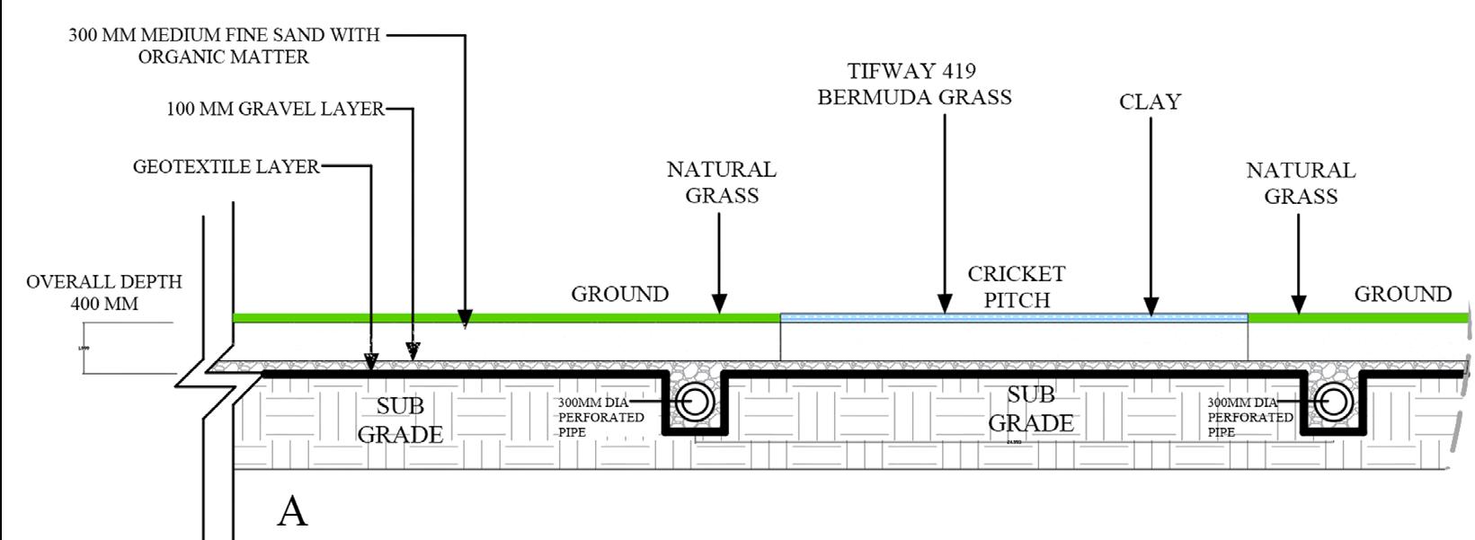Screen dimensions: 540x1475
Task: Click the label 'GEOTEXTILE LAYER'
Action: point(226,167)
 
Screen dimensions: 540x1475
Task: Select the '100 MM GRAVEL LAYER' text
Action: point(275,110)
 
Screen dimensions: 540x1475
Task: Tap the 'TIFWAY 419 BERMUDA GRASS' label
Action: point(914,84)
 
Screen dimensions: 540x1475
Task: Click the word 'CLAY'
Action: point(1150,102)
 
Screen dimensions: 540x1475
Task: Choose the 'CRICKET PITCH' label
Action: point(1017,287)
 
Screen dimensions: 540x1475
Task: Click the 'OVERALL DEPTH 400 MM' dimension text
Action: point(104,293)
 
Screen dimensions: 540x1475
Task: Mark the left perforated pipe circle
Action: point(694,403)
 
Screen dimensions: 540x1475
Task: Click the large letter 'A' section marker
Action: point(292,511)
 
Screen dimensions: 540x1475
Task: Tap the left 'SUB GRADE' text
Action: point(400,420)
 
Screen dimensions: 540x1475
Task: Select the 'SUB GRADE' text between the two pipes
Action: point(1030,409)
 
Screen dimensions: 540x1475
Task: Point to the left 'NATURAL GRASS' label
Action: point(722,182)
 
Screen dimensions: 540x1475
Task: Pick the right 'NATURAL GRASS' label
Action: point(1301,183)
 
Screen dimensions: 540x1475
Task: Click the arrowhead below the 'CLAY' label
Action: point(1151,306)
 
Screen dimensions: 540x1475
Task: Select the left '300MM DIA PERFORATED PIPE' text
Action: point(600,418)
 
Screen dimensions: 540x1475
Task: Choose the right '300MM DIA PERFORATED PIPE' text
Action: point(1249,418)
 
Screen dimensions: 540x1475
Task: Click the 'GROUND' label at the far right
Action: point(1402,295)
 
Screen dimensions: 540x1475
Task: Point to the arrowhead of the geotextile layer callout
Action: point(370,361)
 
